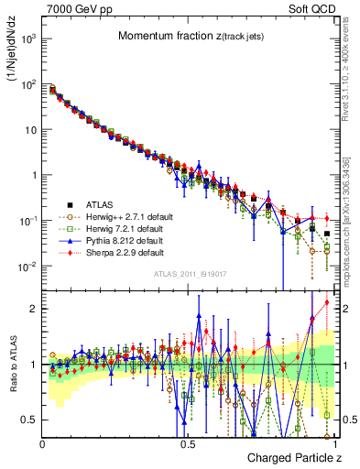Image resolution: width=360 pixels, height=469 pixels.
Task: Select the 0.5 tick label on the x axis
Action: [189, 442]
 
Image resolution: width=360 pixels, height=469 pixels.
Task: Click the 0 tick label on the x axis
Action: [43, 442]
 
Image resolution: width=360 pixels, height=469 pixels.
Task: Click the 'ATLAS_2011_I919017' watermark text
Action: [189, 276]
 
